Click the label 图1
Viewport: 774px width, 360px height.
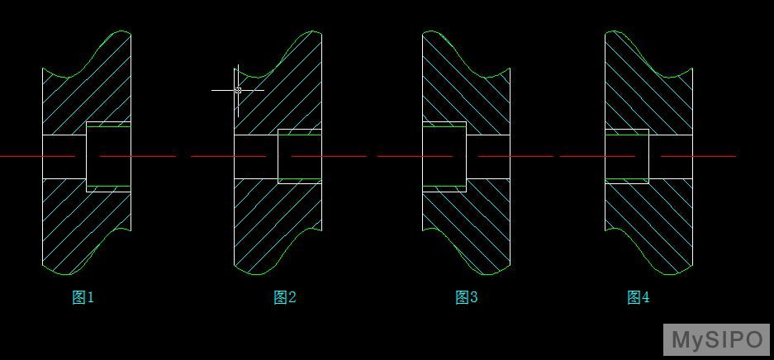[x=83, y=297]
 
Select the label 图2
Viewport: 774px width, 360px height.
[x=285, y=297]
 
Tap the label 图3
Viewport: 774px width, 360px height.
[x=467, y=297]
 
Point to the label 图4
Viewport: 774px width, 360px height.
[x=639, y=297]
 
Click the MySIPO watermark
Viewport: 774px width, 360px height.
[x=717, y=340]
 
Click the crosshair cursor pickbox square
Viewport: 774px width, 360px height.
[x=238, y=90]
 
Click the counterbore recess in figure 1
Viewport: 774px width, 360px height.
[x=108, y=156]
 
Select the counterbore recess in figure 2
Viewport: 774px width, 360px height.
[x=300, y=156]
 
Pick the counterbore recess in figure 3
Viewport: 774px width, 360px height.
[x=444, y=156]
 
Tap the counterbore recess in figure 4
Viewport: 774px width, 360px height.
[x=627, y=156]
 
